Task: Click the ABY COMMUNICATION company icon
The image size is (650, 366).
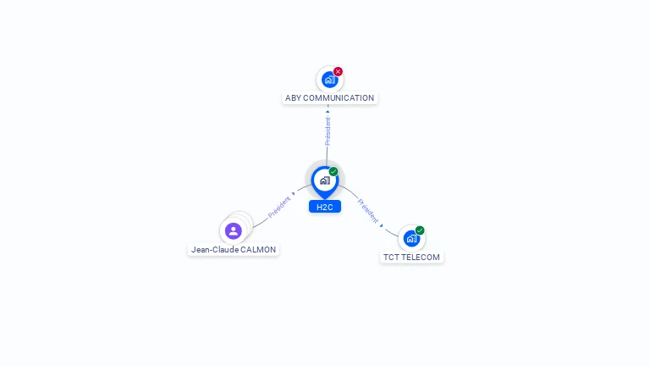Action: coord(329,80)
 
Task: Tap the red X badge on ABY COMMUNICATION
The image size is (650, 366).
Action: coord(338,72)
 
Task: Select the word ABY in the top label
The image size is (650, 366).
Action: coord(293,98)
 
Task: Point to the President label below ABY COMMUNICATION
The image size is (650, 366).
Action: coord(328,130)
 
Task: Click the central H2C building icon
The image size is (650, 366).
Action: coord(324,180)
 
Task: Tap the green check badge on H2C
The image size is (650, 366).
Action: coord(333,172)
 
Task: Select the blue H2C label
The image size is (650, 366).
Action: coord(324,207)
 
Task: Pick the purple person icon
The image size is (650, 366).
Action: coord(234,230)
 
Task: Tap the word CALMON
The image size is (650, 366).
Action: coord(258,250)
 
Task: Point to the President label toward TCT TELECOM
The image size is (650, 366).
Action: coord(368,210)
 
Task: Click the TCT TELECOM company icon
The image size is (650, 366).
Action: coord(411,238)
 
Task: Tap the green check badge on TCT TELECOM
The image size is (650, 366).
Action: coord(420,230)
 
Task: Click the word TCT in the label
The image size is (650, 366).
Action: coord(391,258)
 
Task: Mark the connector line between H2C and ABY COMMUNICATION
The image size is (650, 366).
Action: coord(328,152)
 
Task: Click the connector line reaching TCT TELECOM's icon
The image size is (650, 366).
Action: coord(390,230)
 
